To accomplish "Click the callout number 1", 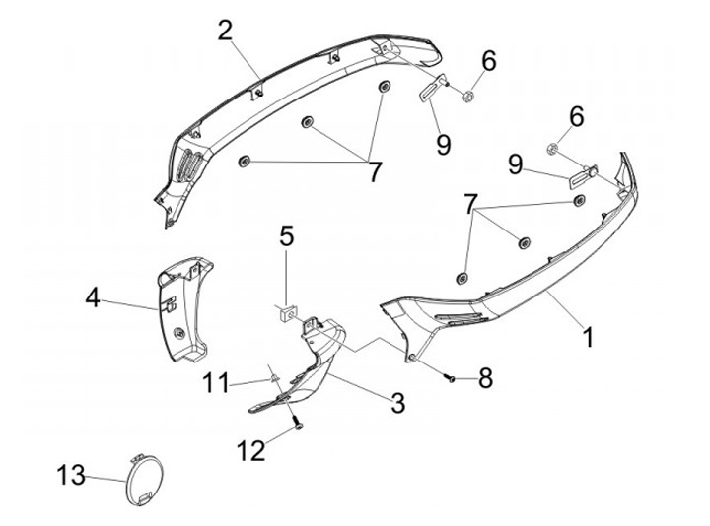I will click(x=588, y=337).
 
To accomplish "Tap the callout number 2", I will click(x=226, y=32).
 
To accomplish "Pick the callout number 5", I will click(x=286, y=236).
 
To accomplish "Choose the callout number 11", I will click(x=216, y=380).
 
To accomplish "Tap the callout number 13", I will click(x=70, y=475).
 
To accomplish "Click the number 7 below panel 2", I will click(x=374, y=170).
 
